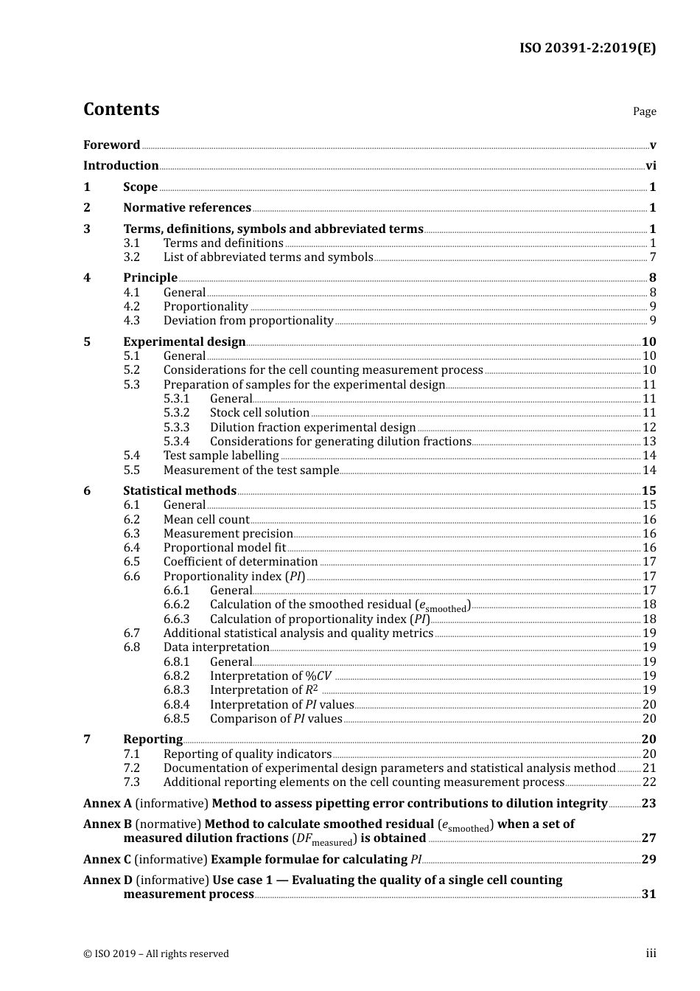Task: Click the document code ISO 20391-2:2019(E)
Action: click(587, 48)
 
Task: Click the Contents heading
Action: click(121, 109)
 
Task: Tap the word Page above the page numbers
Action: click(644, 111)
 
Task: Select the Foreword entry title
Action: click(111, 145)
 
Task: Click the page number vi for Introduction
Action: click(651, 166)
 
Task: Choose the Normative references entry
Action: click(187, 208)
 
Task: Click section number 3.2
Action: click(132, 257)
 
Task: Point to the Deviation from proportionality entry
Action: click(248, 321)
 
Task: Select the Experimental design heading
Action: click(184, 341)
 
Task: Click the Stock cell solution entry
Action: click(259, 413)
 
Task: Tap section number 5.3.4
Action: click(177, 442)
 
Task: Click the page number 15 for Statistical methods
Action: click(648, 491)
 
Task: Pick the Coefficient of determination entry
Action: click(240, 562)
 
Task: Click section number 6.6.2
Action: click(177, 605)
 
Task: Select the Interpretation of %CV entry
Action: click(270, 676)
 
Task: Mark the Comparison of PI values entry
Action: click(276, 719)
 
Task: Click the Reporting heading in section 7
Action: click(153, 740)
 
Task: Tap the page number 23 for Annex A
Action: click(648, 804)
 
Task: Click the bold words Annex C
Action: click(107, 860)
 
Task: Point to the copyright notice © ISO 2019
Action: click(156, 953)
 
